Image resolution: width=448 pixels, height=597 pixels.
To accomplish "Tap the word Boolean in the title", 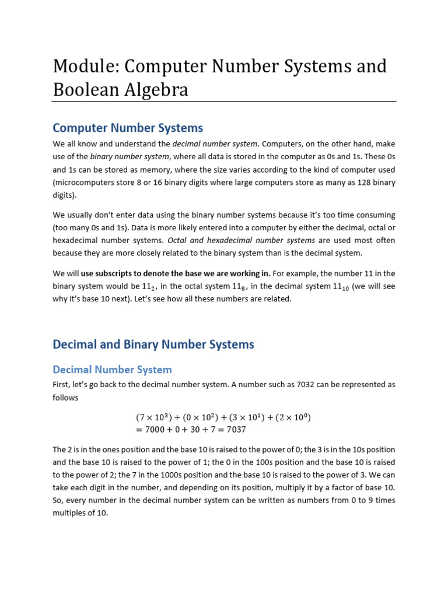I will pos(87,90).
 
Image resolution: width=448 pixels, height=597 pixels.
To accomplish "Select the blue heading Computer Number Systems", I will pos(128,128).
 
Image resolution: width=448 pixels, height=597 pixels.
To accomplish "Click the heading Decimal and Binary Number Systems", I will pos(153,345).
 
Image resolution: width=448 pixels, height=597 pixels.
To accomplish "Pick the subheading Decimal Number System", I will pos(112,370).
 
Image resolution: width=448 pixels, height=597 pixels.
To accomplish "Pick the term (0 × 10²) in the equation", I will pos(201,417).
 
